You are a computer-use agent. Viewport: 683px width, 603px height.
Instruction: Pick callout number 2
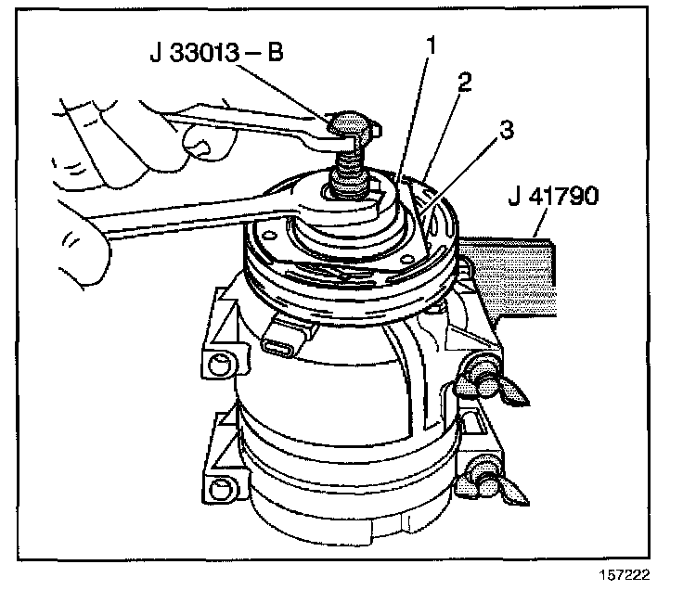(464, 82)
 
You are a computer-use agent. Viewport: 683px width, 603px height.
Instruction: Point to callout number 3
(504, 131)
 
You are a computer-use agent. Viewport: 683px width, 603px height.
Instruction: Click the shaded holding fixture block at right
(520, 269)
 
